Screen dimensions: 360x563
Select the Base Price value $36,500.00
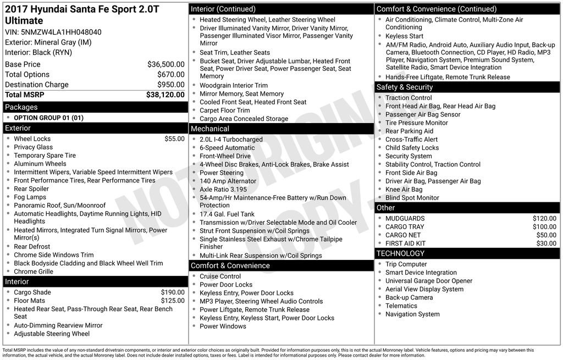point(165,64)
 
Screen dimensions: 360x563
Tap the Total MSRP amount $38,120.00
point(165,95)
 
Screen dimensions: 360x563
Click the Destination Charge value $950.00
point(170,85)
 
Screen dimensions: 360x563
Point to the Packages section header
point(21,107)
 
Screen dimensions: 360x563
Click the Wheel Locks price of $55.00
point(174,139)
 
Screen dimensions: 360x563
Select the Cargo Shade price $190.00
point(173,292)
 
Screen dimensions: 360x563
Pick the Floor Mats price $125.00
point(173,301)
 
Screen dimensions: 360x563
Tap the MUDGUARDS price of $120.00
point(544,218)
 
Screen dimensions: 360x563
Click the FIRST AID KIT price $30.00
point(546,243)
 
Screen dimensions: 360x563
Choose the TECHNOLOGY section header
point(400,253)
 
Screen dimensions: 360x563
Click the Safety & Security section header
point(405,87)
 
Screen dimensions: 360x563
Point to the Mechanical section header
point(210,129)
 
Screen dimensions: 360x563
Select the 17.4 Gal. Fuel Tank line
point(227,214)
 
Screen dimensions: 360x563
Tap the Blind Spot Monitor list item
point(412,198)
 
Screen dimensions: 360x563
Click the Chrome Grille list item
point(34,272)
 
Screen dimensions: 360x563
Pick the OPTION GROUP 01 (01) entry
point(49,118)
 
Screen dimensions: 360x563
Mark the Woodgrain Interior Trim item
point(234,86)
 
